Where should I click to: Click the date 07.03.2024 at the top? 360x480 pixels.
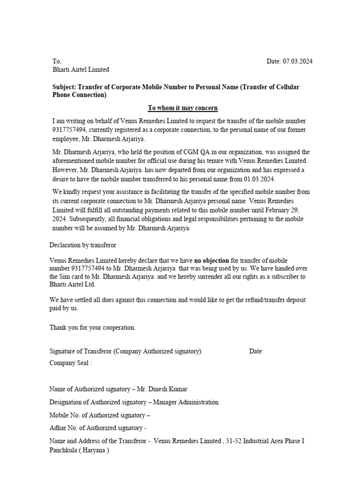point(297,61)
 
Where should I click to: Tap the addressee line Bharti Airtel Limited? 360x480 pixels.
point(81,70)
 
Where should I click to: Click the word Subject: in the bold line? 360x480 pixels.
point(64,87)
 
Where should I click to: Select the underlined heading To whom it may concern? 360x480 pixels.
point(183,108)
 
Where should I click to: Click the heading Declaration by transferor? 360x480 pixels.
point(82,245)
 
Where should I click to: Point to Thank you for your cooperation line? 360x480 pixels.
point(92,328)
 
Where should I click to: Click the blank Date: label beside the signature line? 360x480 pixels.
point(256,352)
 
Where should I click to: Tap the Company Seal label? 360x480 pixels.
point(70,363)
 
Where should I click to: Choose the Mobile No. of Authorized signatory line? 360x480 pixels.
point(99,415)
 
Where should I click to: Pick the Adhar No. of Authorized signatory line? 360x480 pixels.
point(98,428)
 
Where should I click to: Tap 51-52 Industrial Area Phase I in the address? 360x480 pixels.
point(265,441)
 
